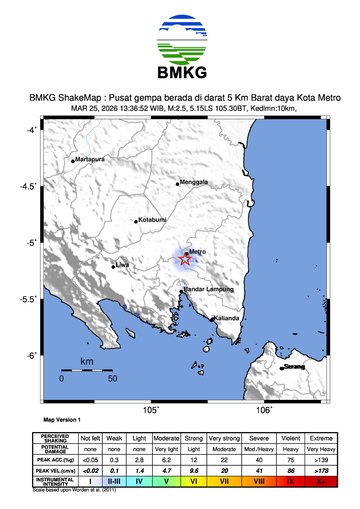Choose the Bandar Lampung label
[x=204, y=291]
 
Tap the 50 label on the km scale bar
[x=112, y=380]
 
